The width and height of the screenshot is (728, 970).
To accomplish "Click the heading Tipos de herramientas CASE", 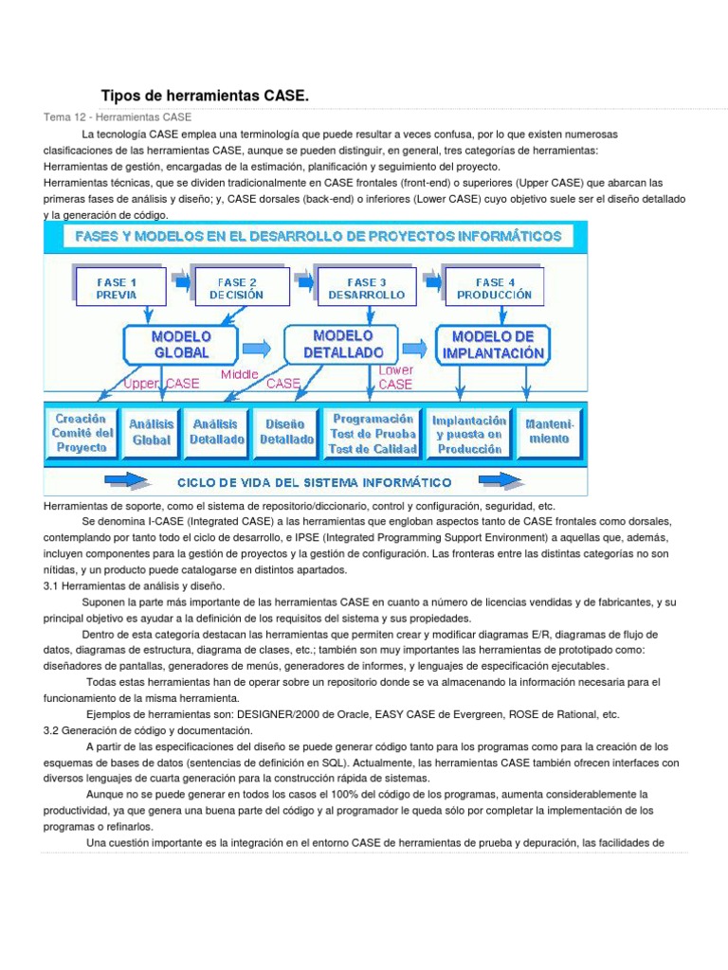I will coord(205,96).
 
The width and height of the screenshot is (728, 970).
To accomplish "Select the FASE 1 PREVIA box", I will coord(117,288).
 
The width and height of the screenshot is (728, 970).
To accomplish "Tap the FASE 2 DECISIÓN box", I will coord(236,288).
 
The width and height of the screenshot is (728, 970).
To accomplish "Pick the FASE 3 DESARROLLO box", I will coord(366,288).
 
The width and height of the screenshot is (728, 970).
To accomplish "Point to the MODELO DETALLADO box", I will coord(342,344).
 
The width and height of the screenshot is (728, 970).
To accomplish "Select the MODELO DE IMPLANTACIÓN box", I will coord(492,345).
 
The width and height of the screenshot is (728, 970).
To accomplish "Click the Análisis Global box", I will coord(152,432).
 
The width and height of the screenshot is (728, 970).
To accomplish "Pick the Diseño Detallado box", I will coord(287,432).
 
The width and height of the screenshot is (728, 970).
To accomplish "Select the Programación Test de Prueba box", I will coord(373,432).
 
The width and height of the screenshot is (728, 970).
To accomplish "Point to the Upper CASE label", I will coord(161,384).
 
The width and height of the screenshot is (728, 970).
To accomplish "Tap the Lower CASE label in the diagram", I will coord(395,377).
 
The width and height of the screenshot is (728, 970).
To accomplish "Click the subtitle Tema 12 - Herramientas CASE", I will coord(118,117).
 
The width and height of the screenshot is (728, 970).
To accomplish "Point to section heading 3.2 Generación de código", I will coord(149,730).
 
